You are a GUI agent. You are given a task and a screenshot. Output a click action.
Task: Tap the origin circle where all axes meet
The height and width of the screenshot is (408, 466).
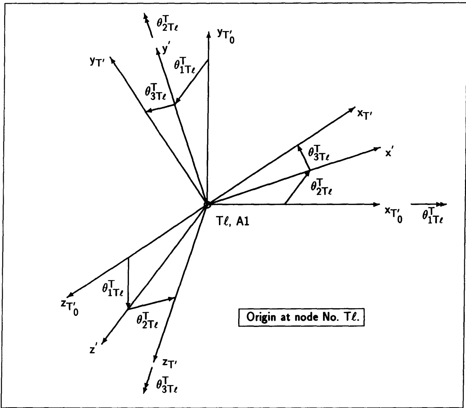click(207, 205)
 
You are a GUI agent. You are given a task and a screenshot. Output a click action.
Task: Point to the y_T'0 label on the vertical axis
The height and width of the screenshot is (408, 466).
click(226, 36)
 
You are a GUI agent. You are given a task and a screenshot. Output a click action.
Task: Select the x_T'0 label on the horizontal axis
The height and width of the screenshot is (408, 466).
click(393, 215)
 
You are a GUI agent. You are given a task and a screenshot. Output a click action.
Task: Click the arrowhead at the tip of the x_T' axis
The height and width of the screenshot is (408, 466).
click(352, 109)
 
